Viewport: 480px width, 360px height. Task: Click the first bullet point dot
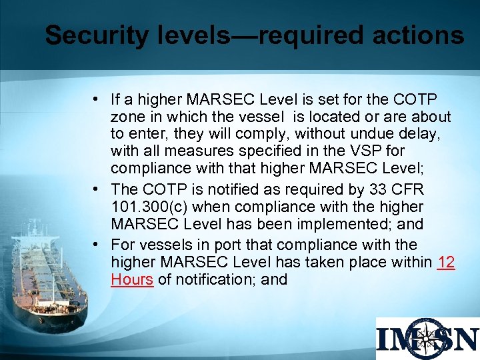point(97,100)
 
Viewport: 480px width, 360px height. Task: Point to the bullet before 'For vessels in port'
point(97,245)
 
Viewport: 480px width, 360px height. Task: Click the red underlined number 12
point(447,262)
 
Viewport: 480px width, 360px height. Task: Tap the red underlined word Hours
point(133,279)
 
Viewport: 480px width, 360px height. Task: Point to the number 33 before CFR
point(387,189)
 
